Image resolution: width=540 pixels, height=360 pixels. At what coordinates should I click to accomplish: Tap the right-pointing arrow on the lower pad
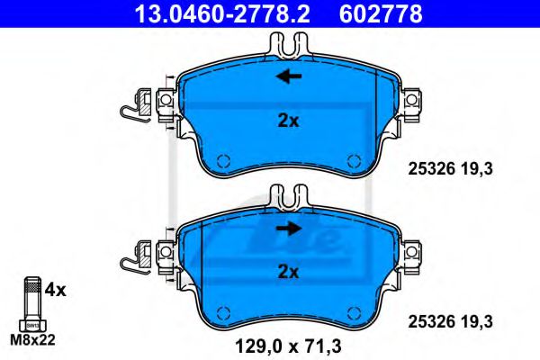point(288,228)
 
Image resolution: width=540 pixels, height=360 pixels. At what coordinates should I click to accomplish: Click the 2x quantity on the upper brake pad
point(288,121)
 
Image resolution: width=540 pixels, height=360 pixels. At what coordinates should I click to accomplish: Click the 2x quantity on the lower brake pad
point(288,271)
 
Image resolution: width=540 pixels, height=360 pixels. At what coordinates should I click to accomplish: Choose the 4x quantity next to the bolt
point(55,290)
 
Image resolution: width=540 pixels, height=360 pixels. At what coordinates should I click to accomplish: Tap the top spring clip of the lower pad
point(288,194)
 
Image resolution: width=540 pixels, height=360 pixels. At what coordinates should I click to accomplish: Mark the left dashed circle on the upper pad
point(223,161)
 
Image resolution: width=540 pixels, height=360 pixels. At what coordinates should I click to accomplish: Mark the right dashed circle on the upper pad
point(351,161)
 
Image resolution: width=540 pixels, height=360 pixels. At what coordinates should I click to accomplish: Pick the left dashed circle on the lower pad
point(223,311)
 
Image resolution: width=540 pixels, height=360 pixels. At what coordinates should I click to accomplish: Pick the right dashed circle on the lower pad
point(351,311)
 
